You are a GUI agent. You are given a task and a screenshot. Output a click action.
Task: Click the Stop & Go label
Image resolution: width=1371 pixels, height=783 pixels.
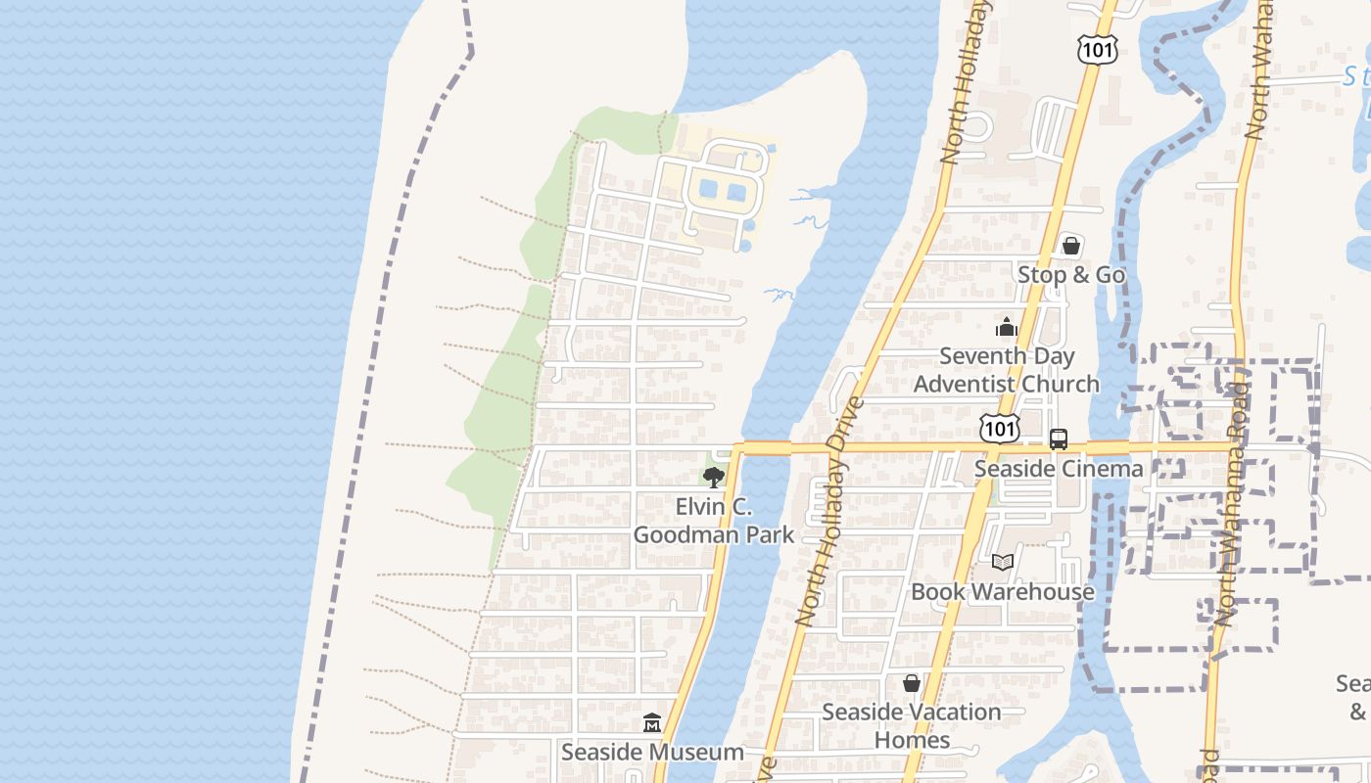(1071, 275)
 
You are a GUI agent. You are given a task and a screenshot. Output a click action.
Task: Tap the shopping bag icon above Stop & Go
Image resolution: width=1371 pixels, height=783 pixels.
(1071, 246)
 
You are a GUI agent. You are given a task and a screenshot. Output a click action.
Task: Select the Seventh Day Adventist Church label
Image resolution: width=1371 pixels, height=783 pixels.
(1007, 370)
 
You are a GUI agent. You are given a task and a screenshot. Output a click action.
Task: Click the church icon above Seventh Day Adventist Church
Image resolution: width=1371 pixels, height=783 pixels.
(1007, 328)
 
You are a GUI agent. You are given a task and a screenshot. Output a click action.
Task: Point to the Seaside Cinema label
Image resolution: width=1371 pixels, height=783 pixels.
(1059, 469)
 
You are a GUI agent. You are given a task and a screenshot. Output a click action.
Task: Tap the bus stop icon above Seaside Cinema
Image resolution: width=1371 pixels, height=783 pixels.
(1059, 439)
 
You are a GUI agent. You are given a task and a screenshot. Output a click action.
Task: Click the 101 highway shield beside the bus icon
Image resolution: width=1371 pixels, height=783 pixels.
(1000, 429)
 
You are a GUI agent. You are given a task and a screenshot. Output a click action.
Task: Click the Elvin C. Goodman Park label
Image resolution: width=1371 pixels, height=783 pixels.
(713, 521)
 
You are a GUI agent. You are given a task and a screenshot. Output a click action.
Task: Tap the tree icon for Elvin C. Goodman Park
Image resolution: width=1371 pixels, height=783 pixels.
(713, 478)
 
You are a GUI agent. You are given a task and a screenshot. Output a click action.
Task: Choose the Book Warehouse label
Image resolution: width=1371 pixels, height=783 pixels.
(1003, 592)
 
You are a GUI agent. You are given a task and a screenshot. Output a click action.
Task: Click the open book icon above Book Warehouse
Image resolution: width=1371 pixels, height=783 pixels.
(1002, 562)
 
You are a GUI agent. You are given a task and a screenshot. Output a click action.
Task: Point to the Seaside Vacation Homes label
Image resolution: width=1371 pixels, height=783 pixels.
(912, 725)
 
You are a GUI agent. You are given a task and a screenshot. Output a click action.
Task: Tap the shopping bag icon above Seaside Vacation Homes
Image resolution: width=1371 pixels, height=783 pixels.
(912, 683)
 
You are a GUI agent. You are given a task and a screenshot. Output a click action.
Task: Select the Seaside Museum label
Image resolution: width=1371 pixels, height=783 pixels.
(652, 753)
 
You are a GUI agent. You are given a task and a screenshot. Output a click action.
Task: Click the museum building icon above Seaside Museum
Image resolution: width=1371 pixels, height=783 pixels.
(652, 723)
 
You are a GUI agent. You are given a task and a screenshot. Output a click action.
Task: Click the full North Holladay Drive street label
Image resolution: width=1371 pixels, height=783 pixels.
(831, 511)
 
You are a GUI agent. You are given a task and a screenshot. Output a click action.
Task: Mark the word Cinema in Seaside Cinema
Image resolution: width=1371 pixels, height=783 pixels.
(1100, 469)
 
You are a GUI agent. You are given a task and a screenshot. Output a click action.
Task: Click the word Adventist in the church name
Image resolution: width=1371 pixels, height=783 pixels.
(961, 384)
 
